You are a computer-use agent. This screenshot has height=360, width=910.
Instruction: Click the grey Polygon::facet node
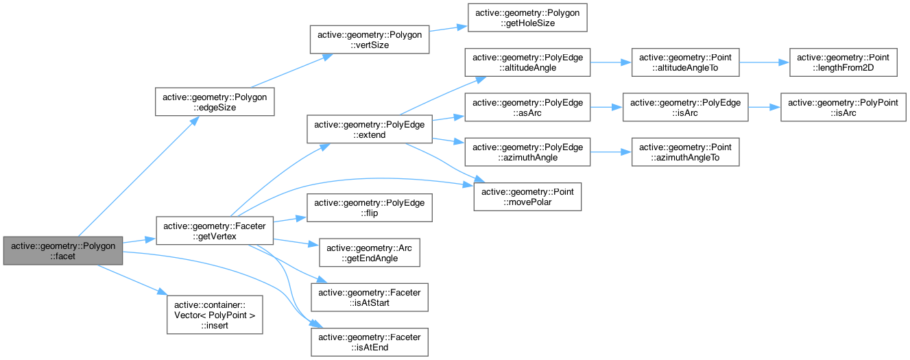click(x=63, y=250)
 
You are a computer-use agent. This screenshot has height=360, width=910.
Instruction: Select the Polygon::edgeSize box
click(x=216, y=101)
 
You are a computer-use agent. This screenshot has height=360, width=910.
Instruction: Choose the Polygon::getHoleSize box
click(x=527, y=17)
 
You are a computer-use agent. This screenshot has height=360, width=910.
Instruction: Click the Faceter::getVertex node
click(x=215, y=230)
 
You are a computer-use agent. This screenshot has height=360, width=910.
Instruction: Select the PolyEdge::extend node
click(x=370, y=130)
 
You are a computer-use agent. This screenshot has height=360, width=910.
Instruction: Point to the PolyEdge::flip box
click(x=370, y=208)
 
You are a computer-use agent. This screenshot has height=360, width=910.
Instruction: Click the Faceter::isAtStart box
click(x=370, y=297)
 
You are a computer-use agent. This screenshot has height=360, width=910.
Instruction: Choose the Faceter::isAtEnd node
click(x=370, y=341)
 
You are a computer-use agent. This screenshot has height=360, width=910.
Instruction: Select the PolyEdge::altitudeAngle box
click(x=527, y=62)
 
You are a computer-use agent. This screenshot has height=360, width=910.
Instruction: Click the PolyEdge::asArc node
click(x=527, y=108)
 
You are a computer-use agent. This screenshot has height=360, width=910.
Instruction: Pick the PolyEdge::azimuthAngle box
click(x=527, y=152)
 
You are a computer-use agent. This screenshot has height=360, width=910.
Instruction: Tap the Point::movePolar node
click(x=527, y=197)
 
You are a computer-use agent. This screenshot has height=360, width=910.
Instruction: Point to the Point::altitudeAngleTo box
click(x=685, y=62)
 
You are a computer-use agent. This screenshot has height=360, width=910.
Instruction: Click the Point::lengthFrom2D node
click(x=843, y=62)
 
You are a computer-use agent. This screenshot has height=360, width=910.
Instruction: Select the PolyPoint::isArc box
click(x=843, y=108)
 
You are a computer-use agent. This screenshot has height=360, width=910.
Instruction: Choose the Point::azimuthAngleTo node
click(x=685, y=152)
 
